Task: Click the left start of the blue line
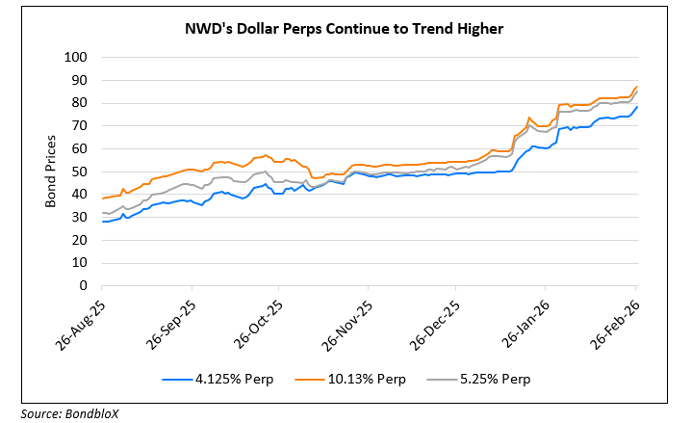point(102,222)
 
